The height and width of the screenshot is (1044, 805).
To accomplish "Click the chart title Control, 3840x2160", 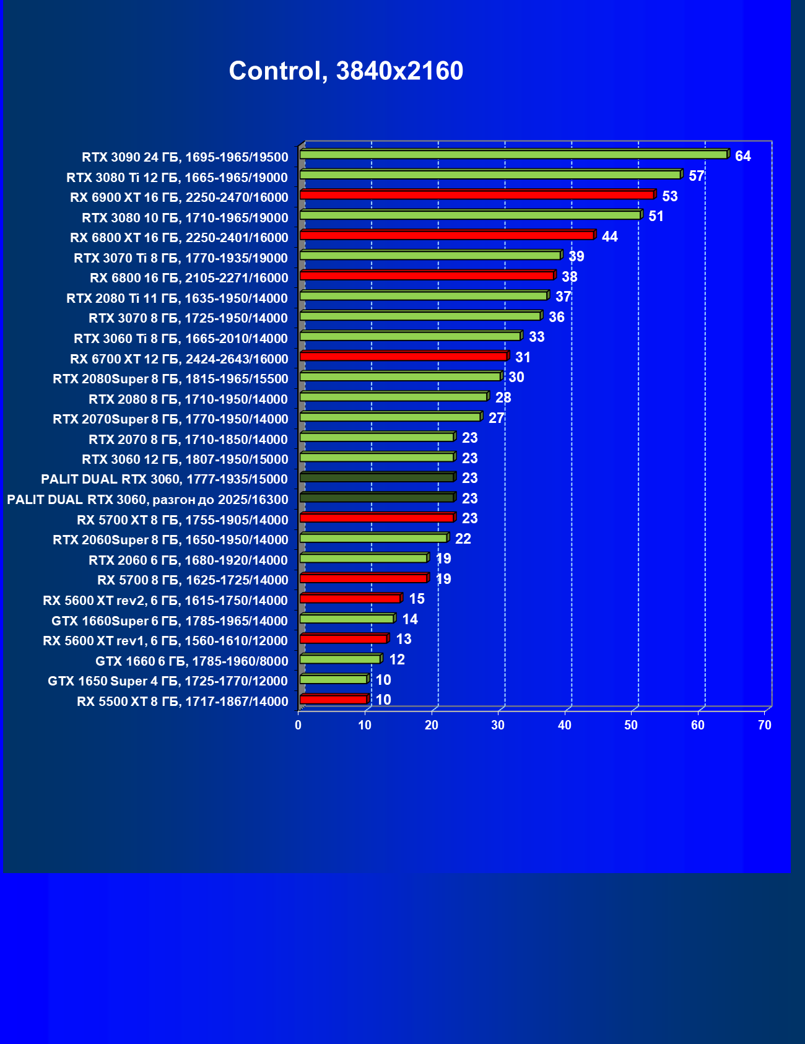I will [346, 71].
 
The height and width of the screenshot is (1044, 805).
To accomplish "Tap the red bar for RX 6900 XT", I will [477, 195].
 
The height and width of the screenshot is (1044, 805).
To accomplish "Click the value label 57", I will [697, 176].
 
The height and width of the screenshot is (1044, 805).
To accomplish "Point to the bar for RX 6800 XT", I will [446, 235].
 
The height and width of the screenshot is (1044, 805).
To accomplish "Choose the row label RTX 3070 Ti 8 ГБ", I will [181, 258].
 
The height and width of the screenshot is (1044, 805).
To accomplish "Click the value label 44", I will [610, 237].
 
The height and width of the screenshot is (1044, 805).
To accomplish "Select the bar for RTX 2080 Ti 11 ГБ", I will [424, 296].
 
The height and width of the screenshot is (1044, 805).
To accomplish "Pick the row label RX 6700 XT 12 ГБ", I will [179, 359].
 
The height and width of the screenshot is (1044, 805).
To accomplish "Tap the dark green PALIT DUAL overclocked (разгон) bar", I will [376, 497].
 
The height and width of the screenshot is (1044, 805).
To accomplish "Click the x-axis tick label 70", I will [765, 725].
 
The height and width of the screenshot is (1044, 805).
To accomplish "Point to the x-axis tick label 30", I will [498, 725].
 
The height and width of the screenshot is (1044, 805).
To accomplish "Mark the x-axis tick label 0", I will [298, 725].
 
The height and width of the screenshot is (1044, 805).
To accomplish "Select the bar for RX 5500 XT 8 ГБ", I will [333, 699].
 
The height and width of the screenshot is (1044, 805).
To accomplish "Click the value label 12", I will [397, 659].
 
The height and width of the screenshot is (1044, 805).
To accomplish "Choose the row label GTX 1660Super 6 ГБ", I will [170, 621].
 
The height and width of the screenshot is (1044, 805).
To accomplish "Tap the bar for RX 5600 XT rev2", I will [350, 598].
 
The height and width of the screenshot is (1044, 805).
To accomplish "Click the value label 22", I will [463, 539].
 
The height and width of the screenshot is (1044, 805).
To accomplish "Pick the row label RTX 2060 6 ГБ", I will [188, 560].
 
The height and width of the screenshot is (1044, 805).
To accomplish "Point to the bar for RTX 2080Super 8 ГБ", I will [400, 376].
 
